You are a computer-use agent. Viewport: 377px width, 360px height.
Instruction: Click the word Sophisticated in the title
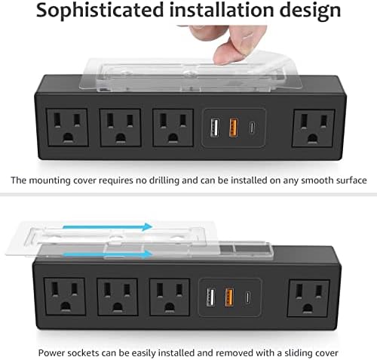pos(102,12)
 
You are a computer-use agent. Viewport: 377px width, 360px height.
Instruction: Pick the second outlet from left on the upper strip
pos(118,125)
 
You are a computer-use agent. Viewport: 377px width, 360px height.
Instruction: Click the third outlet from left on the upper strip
pos(170,125)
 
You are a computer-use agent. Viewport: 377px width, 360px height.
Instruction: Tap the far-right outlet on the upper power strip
pos(312,125)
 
